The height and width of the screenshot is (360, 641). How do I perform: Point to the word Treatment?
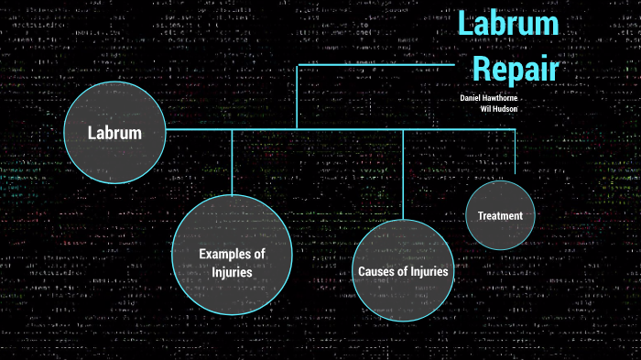click(x=500, y=216)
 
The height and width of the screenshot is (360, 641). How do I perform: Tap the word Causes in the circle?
click(x=375, y=272)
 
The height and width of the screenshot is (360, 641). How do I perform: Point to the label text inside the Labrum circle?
click(x=115, y=133)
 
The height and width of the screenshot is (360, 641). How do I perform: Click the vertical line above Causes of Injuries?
click(x=403, y=174)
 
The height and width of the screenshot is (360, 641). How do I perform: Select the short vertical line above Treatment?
click(x=516, y=151)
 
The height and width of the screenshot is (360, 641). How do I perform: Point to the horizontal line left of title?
click(x=375, y=64)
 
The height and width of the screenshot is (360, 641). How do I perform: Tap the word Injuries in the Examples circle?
click(x=232, y=272)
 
